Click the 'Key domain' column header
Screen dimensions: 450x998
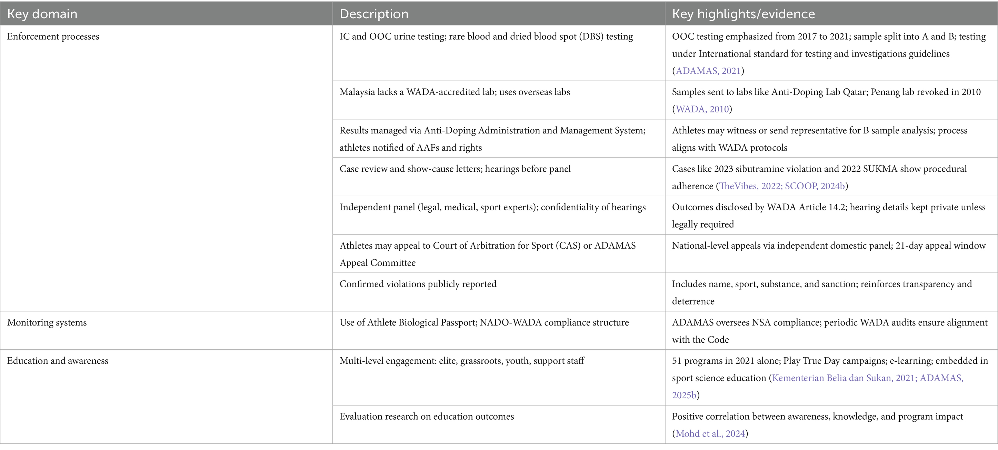coord(42,14)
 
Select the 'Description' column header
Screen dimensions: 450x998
coord(374,14)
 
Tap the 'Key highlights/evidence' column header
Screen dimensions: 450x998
coord(743,14)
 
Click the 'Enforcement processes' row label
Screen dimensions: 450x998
coord(53,37)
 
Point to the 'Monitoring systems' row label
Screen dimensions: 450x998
coord(47,323)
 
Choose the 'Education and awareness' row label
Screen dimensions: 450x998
coord(58,361)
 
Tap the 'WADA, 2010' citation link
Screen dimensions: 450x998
coord(702,109)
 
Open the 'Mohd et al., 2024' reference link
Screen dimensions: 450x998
coord(710,434)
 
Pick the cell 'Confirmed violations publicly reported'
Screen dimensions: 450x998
coord(418,284)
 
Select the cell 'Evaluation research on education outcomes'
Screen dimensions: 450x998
coord(427,417)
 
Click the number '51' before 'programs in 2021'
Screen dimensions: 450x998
coord(677,361)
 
